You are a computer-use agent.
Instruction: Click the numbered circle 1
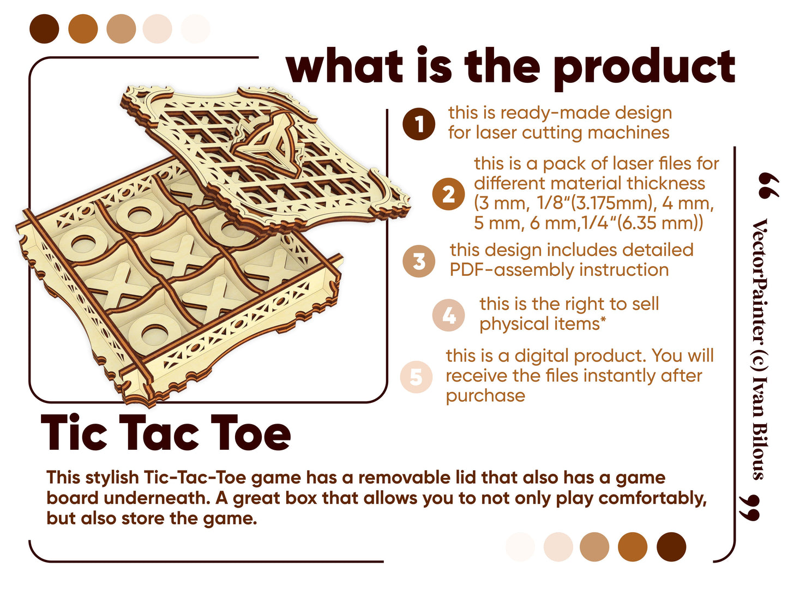[418, 124]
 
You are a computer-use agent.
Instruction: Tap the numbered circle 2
[448, 194]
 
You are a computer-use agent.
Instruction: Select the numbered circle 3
[418, 261]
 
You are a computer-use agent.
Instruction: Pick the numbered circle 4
[448, 315]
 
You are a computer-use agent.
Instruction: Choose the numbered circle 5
[416, 377]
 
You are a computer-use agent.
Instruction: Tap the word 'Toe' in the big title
[250, 432]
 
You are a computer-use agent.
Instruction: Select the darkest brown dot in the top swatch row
[44, 29]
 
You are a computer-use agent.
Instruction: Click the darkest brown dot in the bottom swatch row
[671, 546]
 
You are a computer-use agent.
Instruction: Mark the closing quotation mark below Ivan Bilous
[749, 508]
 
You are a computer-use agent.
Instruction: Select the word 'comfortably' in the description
[653, 498]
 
